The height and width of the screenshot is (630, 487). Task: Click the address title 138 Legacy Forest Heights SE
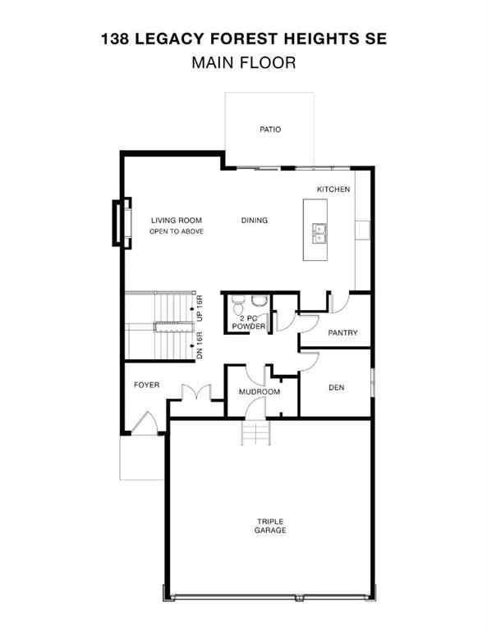coord(243,38)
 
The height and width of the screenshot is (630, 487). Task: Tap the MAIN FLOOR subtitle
coord(243,62)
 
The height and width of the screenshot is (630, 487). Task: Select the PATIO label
coord(270,129)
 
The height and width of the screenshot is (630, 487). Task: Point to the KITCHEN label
coord(333,189)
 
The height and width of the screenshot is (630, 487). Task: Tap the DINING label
coord(255,220)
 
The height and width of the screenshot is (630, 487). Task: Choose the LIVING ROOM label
coord(176,220)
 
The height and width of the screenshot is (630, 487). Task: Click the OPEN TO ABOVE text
coord(176,232)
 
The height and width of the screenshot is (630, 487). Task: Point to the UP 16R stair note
coord(199,308)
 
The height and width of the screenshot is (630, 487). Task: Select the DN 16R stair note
coord(199,344)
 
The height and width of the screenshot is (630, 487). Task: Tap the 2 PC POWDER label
coord(248,322)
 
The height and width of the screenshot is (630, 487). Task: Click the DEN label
coord(335,387)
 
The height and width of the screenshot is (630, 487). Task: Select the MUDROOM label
coord(260,392)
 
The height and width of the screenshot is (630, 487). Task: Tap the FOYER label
coord(146,385)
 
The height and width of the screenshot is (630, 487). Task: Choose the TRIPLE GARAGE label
coord(269,526)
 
